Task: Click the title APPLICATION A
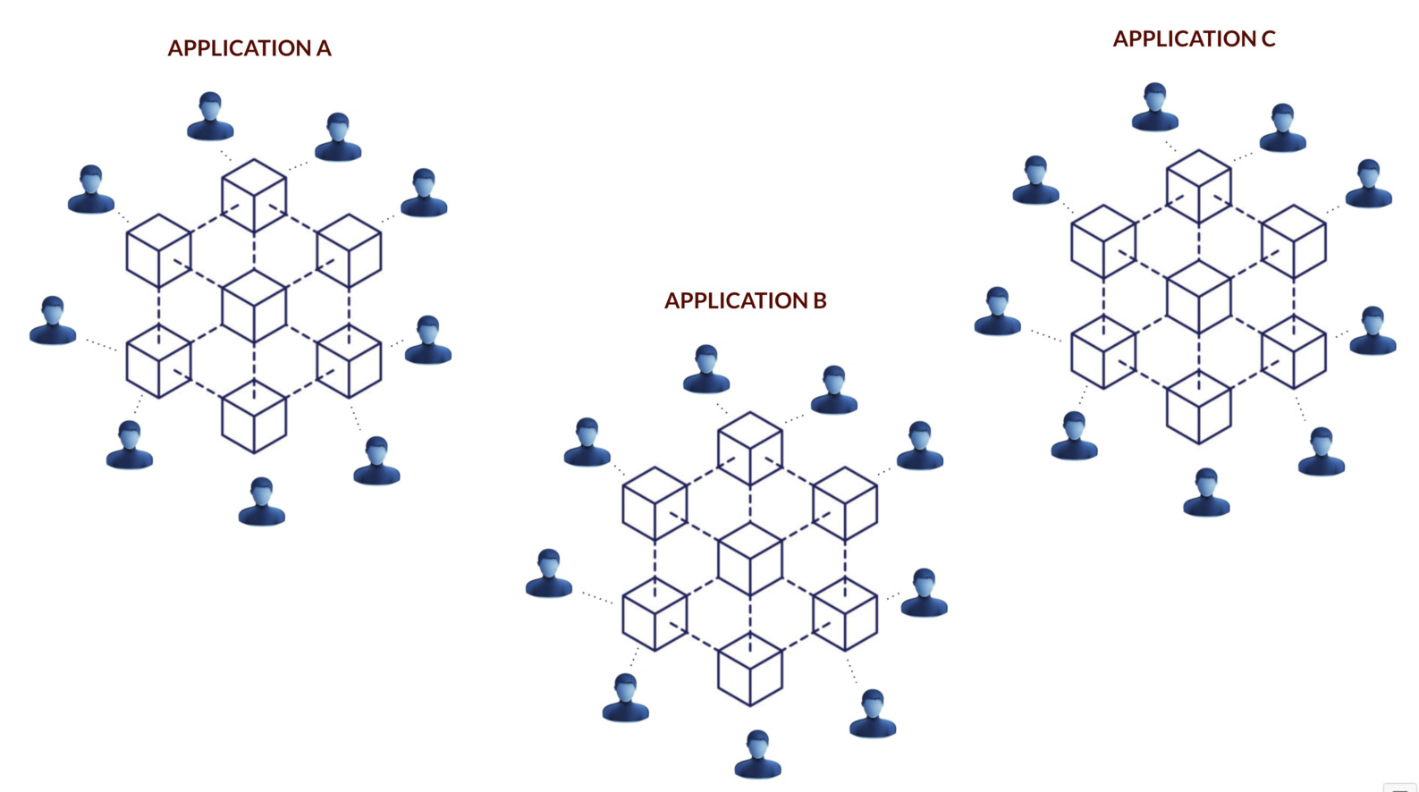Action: pyautogui.click(x=249, y=48)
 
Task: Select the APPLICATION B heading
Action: pyautogui.click(x=745, y=300)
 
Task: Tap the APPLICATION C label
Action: pyautogui.click(x=1194, y=39)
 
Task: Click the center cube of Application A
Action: pyautogui.click(x=254, y=307)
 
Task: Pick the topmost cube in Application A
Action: pyautogui.click(x=254, y=196)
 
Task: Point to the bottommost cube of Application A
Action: pyautogui.click(x=254, y=417)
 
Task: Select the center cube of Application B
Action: pyautogui.click(x=750, y=560)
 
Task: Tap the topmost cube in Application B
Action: pyautogui.click(x=750, y=449)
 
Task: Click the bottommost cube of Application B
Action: pyautogui.click(x=750, y=670)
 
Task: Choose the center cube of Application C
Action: pyautogui.click(x=1199, y=298)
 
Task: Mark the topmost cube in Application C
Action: pyautogui.click(x=1199, y=187)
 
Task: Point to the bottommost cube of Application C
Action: pyautogui.click(x=1199, y=408)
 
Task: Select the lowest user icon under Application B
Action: pyautogui.click(x=758, y=754)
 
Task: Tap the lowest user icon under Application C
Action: pyautogui.click(x=1206, y=493)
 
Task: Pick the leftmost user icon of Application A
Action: pyautogui.click(x=53, y=321)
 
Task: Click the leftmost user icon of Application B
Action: pyautogui.click(x=549, y=574)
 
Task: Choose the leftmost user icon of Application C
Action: pyautogui.click(x=998, y=312)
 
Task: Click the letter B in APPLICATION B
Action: pyautogui.click(x=819, y=300)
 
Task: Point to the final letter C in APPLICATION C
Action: pyautogui.click(x=1268, y=39)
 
